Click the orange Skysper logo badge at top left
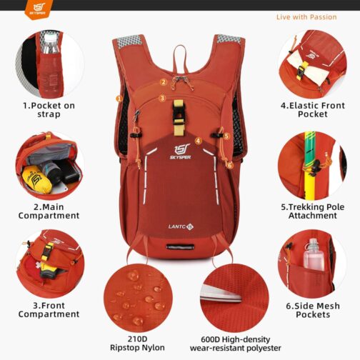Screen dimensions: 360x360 pos(38,9)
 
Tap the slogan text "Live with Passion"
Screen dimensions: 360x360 pos(306,17)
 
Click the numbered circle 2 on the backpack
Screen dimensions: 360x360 pos(164,82)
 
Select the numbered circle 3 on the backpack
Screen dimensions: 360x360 pos(162,98)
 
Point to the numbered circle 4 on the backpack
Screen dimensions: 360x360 pos(199,141)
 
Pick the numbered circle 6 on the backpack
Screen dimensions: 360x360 pos(230,165)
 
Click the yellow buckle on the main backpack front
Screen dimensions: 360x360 pos(179,117)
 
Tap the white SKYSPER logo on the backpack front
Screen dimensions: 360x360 pos(181,151)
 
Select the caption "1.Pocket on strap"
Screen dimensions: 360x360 pos(49,110)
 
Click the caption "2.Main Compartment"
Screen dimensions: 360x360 pos(49,211)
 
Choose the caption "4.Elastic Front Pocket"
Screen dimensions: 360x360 pos(313,109)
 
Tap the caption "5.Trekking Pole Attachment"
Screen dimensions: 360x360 pos(313,211)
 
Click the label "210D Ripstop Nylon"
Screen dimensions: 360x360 pos(137,343)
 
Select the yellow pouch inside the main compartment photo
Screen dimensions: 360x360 pos(37,179)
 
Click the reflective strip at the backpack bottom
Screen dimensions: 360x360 pos(180,246)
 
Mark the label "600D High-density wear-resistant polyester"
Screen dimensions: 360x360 pos(236,344)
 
